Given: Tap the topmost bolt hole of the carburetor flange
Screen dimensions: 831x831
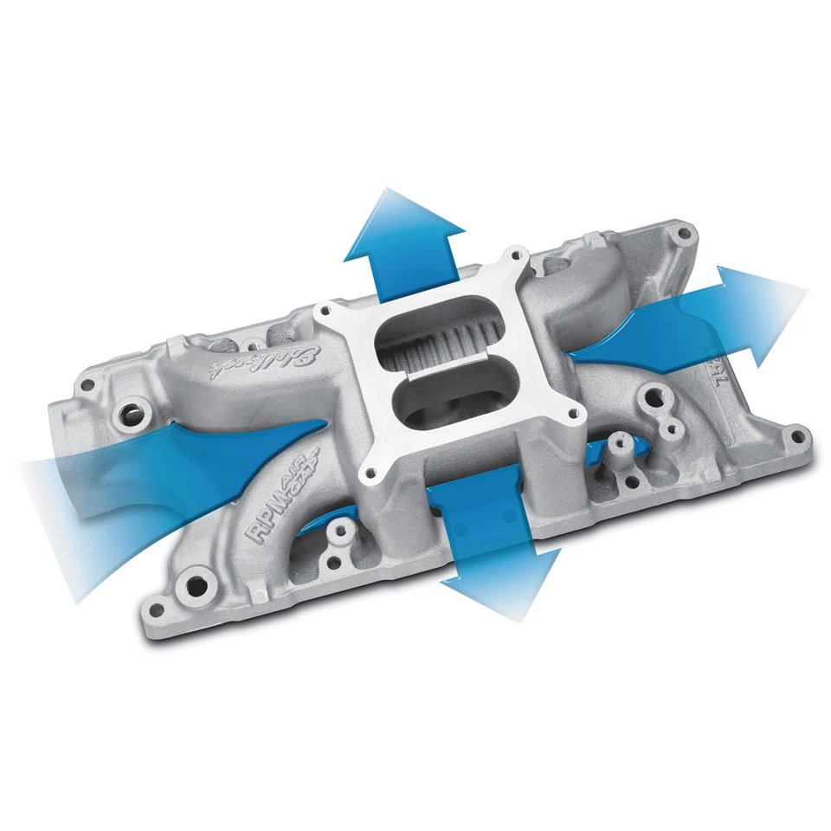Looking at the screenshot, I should (518, 256).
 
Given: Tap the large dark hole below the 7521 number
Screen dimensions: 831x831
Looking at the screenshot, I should (667, 424).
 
